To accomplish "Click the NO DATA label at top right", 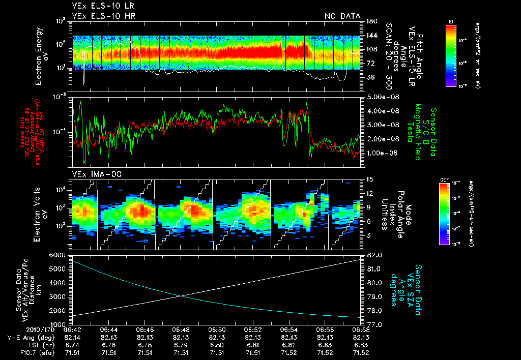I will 342,16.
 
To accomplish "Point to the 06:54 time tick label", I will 289,329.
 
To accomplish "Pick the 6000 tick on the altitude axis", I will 60,254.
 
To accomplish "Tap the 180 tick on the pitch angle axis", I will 371,21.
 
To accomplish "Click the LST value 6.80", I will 217,345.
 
